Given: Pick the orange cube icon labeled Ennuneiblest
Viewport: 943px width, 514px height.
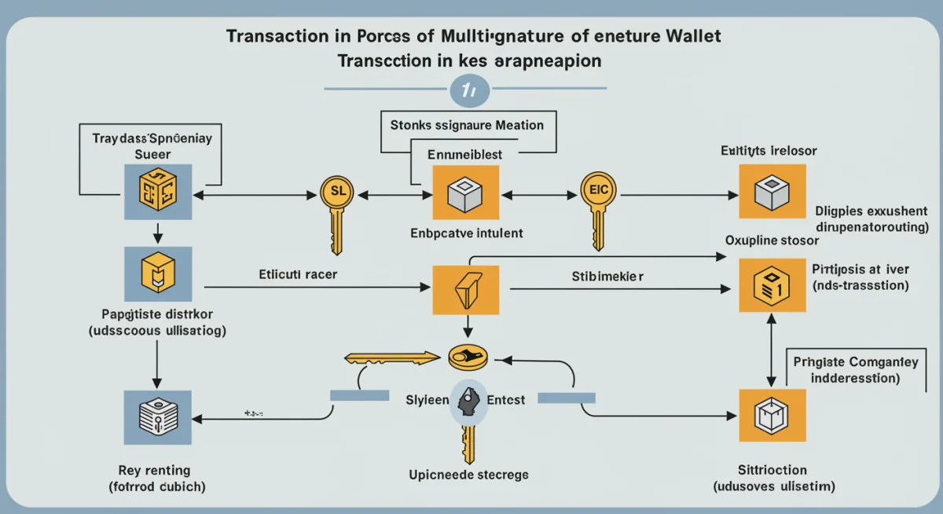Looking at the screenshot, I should pos(460,193).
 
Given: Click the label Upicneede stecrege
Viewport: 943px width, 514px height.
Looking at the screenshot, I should pos(468,475).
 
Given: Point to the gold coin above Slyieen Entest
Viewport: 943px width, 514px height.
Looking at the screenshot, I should pos(469,358).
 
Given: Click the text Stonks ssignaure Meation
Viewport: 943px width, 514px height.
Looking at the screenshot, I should pos(467,124).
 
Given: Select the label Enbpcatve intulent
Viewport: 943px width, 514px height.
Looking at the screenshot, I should pos(467,233).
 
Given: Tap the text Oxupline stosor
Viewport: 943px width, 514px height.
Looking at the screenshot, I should pos(761,240).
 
